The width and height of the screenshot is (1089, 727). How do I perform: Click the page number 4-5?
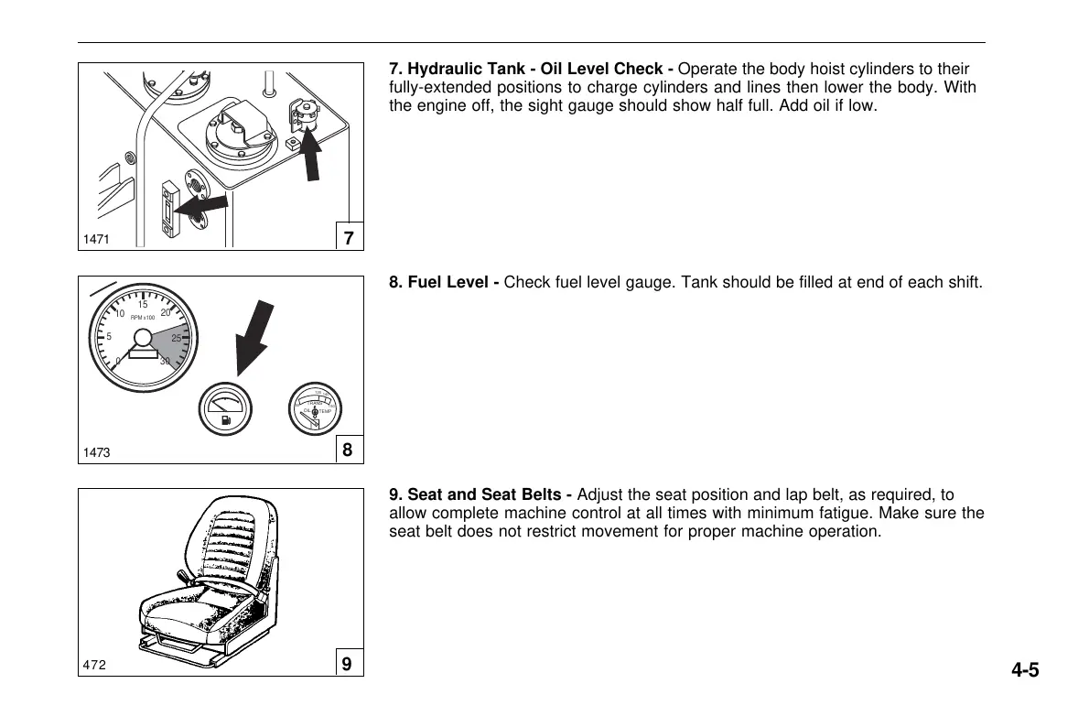[x=1025, y=670]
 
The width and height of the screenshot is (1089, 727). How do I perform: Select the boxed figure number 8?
[x=348, y=450]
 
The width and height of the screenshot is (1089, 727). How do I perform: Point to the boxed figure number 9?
[x=348, y=665]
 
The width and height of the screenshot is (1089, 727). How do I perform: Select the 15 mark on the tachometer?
[x=143, y=305]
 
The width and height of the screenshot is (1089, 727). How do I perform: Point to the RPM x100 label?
[x=143, y=317]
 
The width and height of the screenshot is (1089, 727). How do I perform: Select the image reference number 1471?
[x=96, y=240]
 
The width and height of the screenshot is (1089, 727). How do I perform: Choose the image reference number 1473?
[x=96, y=452]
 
